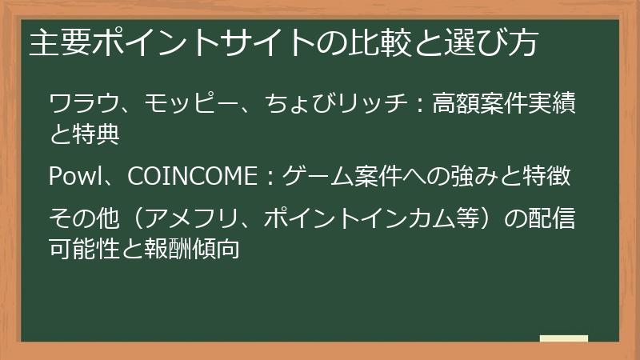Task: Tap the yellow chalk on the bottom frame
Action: (x=564, y=339)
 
